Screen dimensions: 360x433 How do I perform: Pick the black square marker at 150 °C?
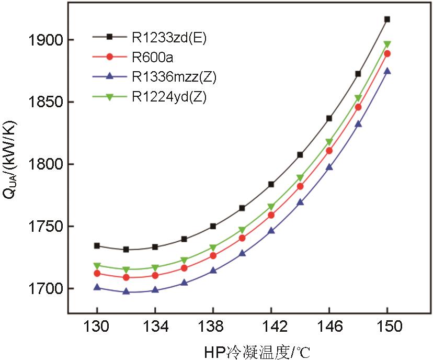[387, 19]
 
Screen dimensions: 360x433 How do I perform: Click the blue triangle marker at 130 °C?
[97, 287]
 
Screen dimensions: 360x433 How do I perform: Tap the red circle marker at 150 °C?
[387, 53]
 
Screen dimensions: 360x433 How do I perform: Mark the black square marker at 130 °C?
[97, 245]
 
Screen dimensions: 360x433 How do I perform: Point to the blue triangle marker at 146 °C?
[329, 167]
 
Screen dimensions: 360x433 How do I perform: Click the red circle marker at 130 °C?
[97, 273]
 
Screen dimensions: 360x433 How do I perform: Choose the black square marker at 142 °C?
[271, 184]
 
